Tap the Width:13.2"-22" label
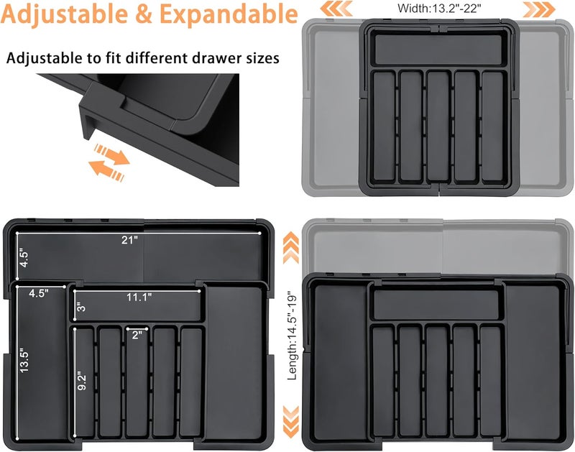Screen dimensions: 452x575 point(439,9)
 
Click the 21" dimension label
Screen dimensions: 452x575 point(128,239)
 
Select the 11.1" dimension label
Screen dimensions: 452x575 point(140,296)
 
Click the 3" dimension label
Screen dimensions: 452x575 point(79,308)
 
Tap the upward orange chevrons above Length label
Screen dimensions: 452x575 point(291,249)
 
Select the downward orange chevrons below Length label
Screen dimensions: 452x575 point(291,420)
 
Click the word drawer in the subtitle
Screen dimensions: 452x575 point(213,58)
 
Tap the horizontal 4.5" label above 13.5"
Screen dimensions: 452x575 point(40,293)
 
